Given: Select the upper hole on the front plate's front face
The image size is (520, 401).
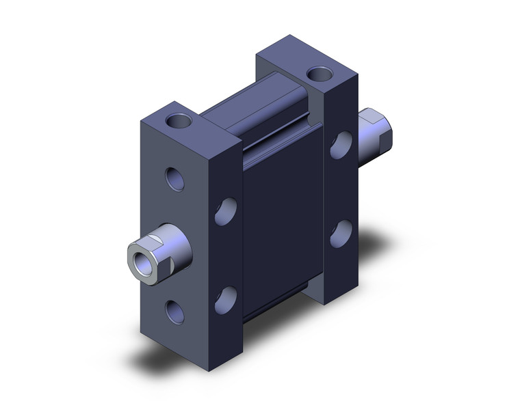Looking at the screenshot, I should coord(175,180).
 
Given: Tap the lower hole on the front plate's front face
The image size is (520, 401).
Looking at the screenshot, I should coord(175,309).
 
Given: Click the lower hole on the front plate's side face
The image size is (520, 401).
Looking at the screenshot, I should coord(226,298).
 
